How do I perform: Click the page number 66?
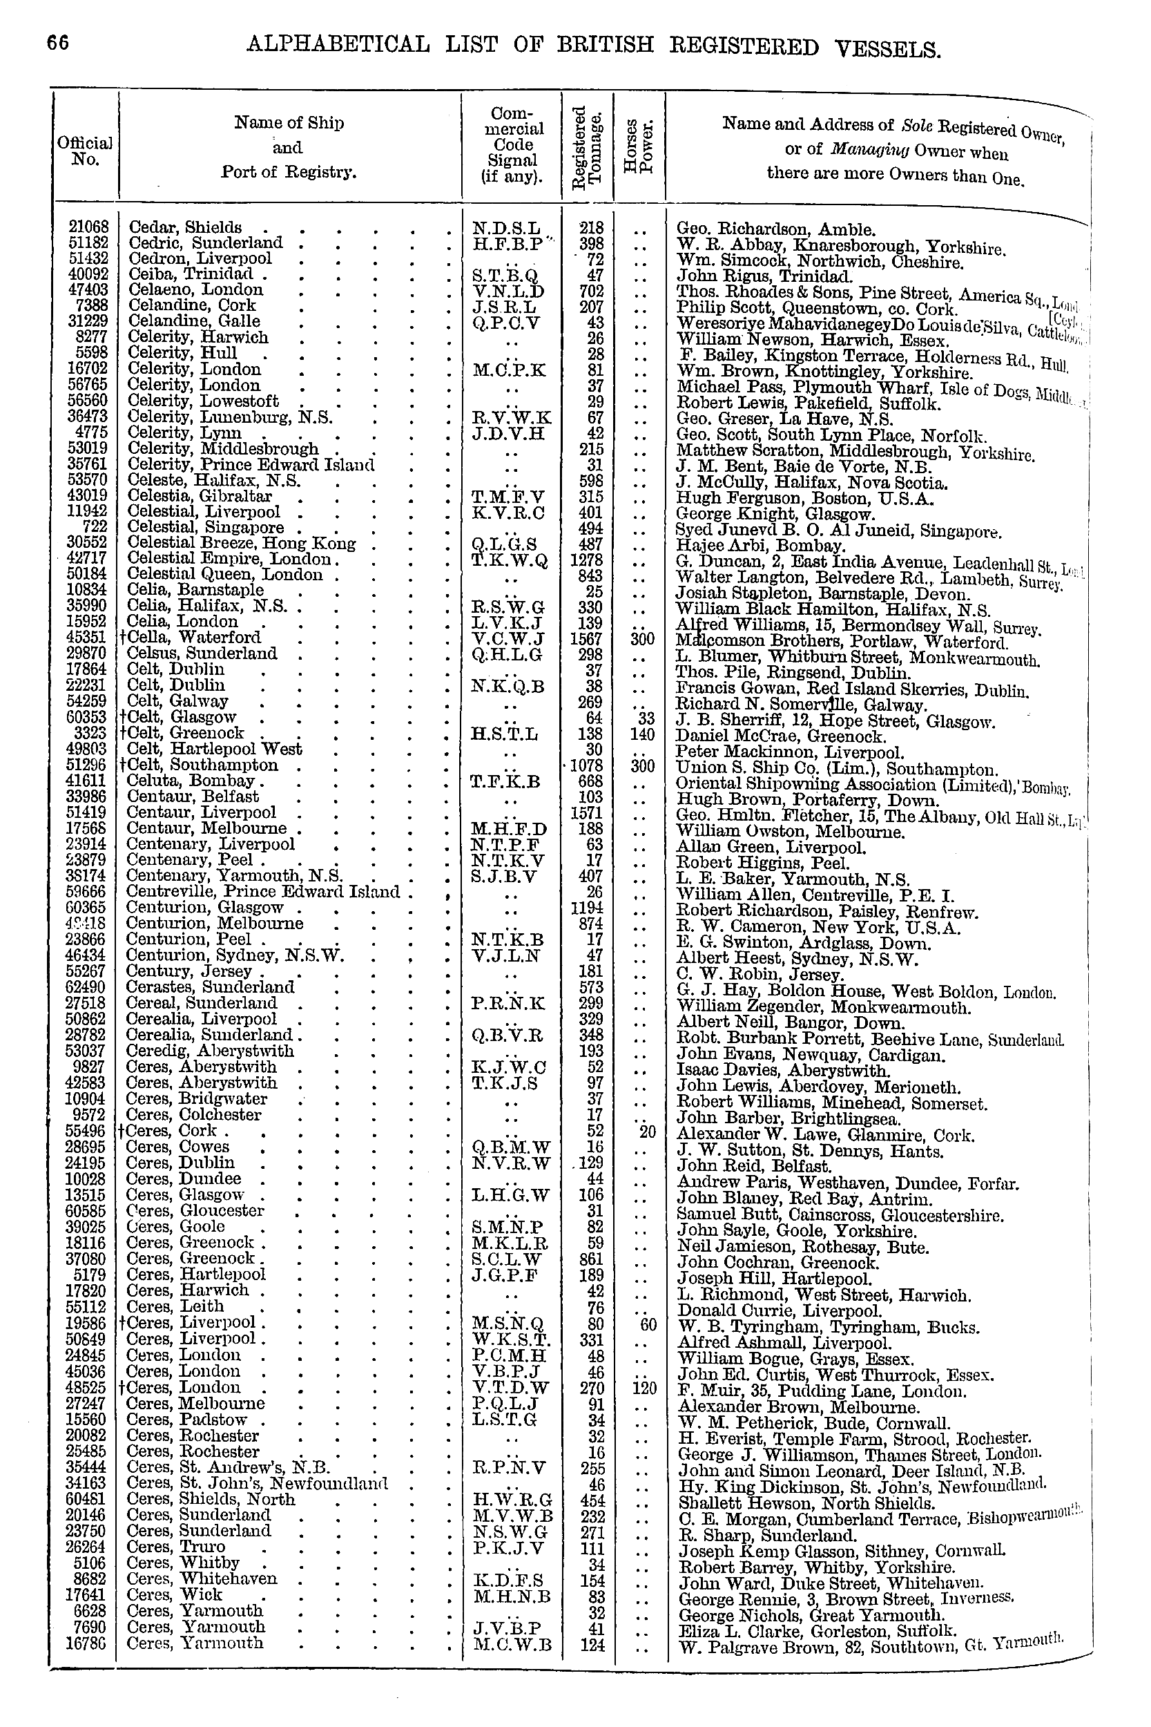click(x=59, y=44)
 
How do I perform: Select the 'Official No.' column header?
click(x=85, y=150)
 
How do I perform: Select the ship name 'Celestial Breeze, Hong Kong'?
click(x=242, y=544)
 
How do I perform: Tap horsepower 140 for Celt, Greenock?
click(x=641, y=734)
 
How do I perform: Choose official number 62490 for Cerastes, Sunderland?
click(x=88, y=987)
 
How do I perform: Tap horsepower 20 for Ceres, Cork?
click(x=647, y=1132)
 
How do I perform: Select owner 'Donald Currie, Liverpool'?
click(x=779, y=1310)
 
